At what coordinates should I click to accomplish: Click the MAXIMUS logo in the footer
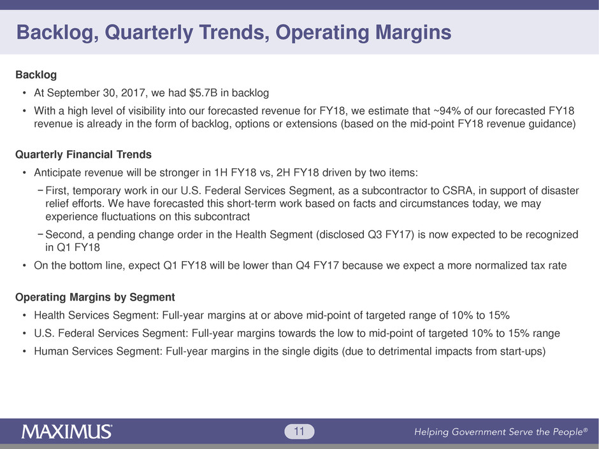click(67, 432)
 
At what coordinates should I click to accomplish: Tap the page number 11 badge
click(299, 432)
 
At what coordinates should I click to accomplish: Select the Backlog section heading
click(36, 75)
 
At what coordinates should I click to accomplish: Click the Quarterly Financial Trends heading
click(83, 155)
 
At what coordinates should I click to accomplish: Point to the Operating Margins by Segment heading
click(95, 297)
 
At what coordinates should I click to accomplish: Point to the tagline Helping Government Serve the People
click(501, 432)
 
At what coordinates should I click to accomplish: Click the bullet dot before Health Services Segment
click(24, 315)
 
